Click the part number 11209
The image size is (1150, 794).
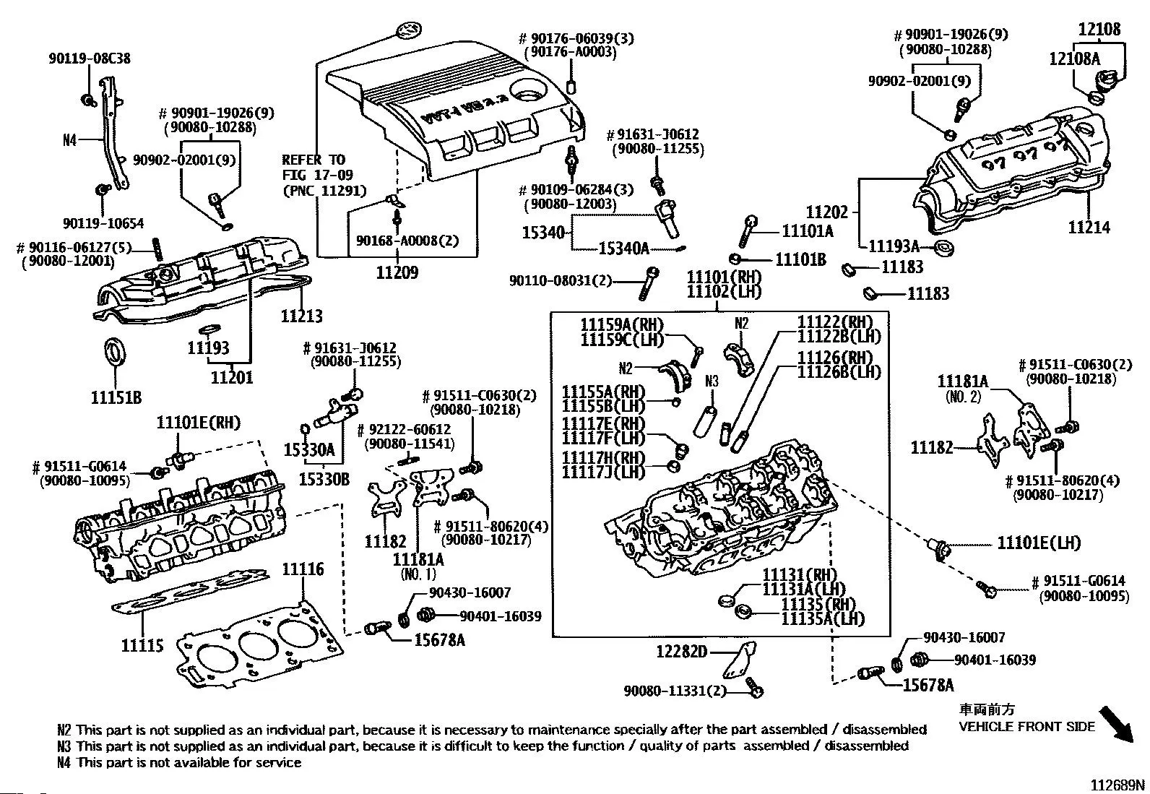point(397,273)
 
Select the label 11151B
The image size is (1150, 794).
point(116,397)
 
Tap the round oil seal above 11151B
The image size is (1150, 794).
point(115,350)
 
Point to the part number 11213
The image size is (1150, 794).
point(301,316)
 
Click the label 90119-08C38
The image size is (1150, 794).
point(90,59)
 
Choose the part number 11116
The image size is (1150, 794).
point(303,569)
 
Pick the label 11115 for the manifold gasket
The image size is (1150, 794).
point(142,645)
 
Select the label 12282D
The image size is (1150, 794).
point(681,652)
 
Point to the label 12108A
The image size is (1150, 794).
point(1074,59)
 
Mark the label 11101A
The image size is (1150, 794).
point(808,231)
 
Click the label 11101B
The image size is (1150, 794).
point(800,259)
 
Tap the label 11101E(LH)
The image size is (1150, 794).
point(1039,543)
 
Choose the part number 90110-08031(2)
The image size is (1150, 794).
point(560,280)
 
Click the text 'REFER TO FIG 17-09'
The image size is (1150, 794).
point(314,167)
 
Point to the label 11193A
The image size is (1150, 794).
point(893,246)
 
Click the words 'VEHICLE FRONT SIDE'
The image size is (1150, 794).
point(1026,727)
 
